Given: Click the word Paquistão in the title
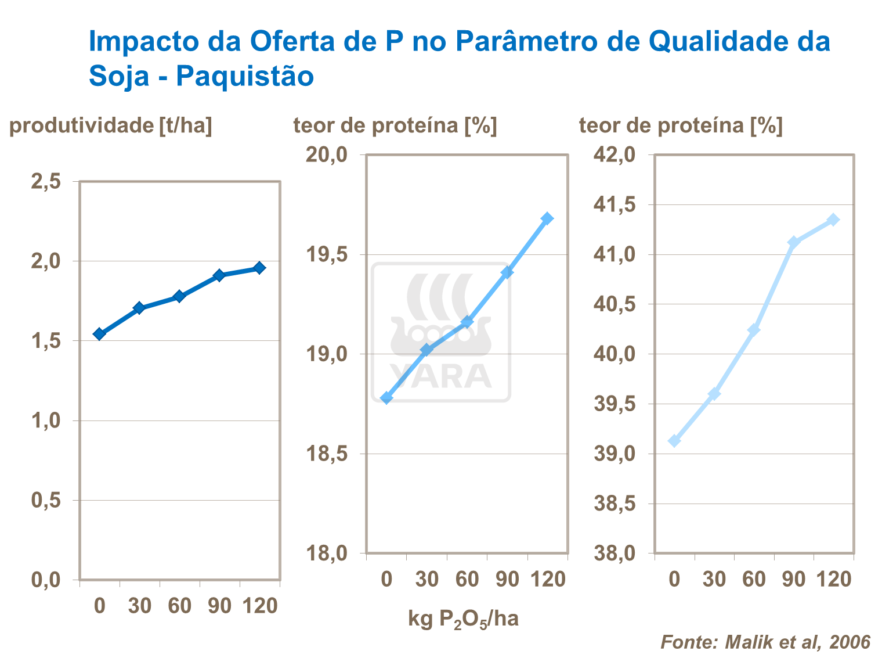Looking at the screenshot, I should tap(244, 76).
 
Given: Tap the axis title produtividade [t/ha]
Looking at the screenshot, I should tap(111, 125).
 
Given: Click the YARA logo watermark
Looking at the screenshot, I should tap(441, 332).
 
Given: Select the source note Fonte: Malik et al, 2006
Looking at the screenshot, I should tap(765, 642).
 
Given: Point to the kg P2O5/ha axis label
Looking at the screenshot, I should tap(463, 619).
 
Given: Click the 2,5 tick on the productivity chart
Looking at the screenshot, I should tap(46, 182).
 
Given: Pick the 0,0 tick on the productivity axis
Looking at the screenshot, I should tap(46, 580).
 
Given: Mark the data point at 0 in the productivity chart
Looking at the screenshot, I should tap(99, 334).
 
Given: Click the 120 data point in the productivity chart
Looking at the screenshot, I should tap(259, 268).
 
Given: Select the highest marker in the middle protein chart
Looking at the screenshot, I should tap(547, 218).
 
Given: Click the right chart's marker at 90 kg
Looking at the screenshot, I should tap(793, 242).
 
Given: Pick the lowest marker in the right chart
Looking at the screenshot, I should tap(674, 441).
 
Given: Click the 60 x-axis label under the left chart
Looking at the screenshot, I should tap(179, 606).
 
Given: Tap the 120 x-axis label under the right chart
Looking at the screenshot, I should tap(834, 579).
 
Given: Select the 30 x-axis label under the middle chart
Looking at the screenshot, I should tap(426, 579).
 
